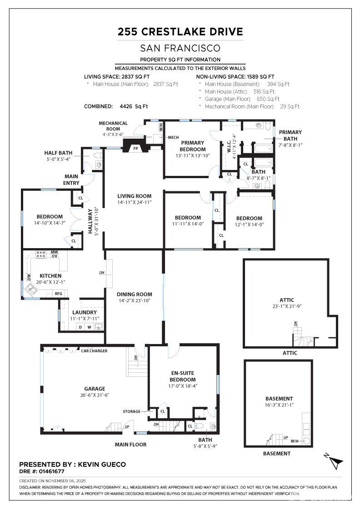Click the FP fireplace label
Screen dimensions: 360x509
click(136, 148)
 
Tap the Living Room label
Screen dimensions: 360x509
click(135, 196)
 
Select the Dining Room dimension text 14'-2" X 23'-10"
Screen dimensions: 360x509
click(135, 300)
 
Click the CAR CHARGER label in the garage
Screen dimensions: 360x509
click(94, 351)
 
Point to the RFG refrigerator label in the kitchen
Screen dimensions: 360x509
click(59, 294)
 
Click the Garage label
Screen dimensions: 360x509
click(95, 389)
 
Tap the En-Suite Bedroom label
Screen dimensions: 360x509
click(183, 376)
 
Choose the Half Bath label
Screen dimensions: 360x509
click(59, 153)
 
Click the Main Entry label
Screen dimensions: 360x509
click(71, 180)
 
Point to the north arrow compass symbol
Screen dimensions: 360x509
click(335, 461)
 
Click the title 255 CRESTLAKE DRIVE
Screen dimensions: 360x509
click(180, 32)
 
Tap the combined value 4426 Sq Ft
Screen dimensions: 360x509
click(134, 106)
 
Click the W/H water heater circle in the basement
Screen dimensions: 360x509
click(306, 441)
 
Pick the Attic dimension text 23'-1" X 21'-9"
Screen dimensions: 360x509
click(287, 306)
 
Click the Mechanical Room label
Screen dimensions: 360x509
click(113, 126)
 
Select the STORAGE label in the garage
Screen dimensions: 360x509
click(131, 411)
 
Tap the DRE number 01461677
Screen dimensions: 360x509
click(52, 471)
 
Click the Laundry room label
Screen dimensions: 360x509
click(85, 312)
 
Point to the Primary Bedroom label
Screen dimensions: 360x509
click(192, 146)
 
